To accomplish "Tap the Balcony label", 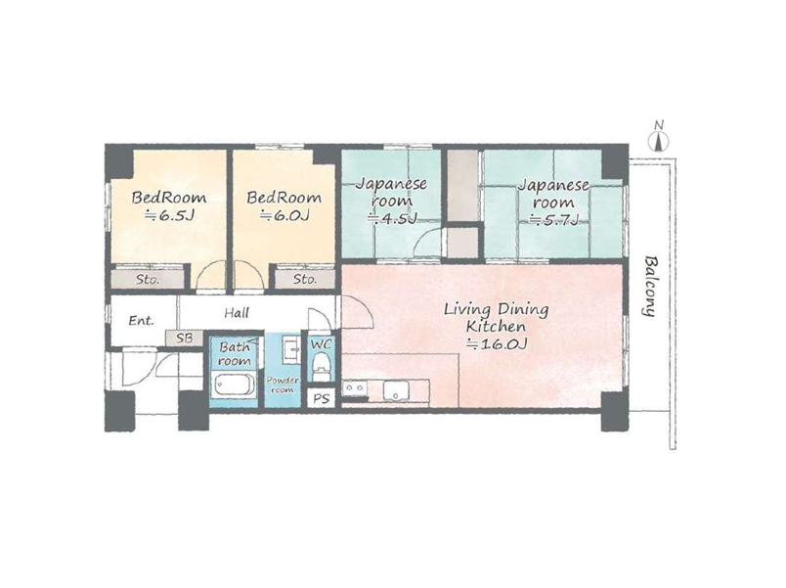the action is tap(650, 287).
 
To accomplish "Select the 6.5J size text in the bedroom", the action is tap(169, 216).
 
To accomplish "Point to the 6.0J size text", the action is tap(284, 216).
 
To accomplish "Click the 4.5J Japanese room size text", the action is tap(391, 219).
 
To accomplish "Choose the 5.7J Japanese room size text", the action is tap(554, 219).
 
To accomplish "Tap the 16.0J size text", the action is tap(497, 344).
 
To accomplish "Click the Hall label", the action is tap(237, 313).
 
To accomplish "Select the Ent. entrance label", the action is tap(141, 320).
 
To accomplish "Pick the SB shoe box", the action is tap(185, 339).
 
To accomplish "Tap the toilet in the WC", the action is tap(321, 367).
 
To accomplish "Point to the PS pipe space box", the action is tap(321, 398).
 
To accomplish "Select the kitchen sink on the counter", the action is tap(397, 390).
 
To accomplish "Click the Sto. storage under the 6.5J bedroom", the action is tap(148, 279).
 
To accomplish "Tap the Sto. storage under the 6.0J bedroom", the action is tap(305, 279).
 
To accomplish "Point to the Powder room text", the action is tap(283, 384).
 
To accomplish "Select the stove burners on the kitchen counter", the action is tap(354, 387).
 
